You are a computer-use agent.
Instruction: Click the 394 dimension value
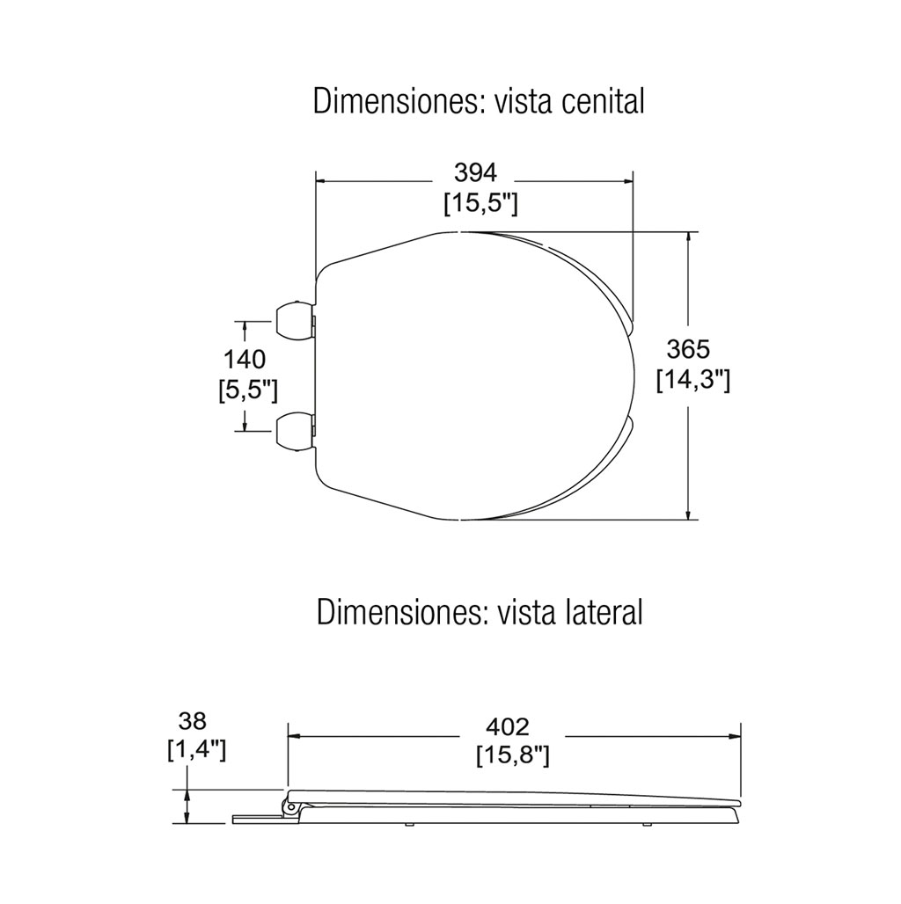pyautogui.click(x=475, y=171)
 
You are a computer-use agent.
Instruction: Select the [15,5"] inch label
pyautogui.click(x=480, y=203)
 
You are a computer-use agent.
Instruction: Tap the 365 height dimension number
pyautogui.click(x=688, y=349)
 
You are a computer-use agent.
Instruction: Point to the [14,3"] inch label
pyautogui.click(x=693, y=381)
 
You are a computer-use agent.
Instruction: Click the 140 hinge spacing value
pyautogui.click(x=245, y=359)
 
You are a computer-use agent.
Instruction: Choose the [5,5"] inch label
pyautogui.click(x=248, y=390)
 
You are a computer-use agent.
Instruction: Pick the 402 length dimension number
pyautogui.click(x=508, y=727)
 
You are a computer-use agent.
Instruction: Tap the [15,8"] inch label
pyautogui.click(x=513, y=756)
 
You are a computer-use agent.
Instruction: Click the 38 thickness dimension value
pyautogui.click(x=193, y=721)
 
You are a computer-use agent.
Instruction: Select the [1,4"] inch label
pyautogui.click(x=197, y=751)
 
